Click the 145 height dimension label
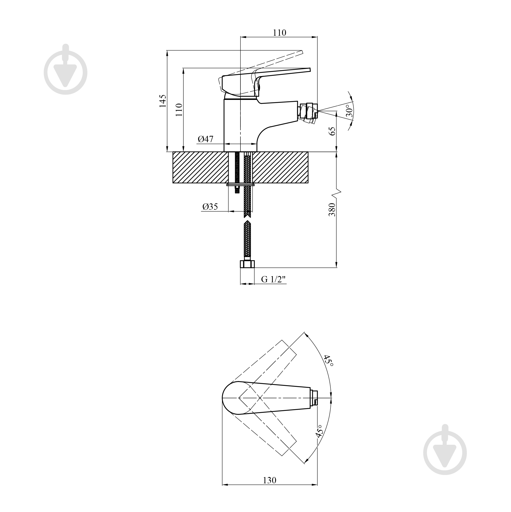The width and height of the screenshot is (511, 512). (163, 101)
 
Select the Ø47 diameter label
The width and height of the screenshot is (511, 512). (205, 139)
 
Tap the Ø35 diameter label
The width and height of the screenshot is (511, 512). (210, 207)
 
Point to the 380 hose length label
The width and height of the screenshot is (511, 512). (332, 210)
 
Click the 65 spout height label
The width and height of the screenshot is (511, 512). (332, 131)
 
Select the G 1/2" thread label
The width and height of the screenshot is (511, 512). (274, 279)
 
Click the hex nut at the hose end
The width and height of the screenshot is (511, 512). (247, 264)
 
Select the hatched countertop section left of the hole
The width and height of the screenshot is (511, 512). (200, 167)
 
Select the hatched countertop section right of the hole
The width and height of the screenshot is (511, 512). (280, 167)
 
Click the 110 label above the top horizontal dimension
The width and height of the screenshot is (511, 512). (280, 33)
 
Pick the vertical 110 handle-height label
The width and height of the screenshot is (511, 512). (179, 110)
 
